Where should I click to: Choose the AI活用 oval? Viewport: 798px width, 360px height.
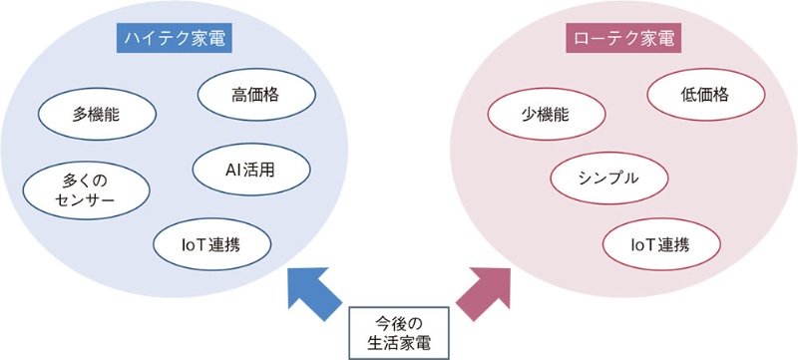249,169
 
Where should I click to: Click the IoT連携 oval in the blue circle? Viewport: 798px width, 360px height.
211,241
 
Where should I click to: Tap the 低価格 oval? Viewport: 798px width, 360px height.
705,96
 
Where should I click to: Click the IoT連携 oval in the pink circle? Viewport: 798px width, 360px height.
660,242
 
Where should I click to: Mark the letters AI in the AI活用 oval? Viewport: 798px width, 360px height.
232,169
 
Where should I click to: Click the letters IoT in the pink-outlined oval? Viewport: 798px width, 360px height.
642,242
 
